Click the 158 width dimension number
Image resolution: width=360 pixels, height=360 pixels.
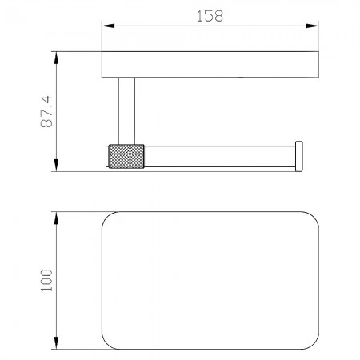coord(210,16)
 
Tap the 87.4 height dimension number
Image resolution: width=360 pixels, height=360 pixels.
coord(46,111)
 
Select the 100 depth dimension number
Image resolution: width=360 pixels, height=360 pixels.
coord(46,280)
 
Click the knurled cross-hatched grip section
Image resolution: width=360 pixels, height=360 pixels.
coord(126,156)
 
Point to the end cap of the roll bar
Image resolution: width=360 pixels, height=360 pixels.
coord(298,156)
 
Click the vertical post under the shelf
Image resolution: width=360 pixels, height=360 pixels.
coord(126,111)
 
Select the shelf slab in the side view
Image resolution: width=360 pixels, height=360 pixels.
coord(210,65)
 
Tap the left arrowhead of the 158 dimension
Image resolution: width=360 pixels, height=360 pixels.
coord(108,26)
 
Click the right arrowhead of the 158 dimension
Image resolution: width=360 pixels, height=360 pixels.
coord(313,26)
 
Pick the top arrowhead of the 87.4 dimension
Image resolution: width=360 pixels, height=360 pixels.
coord(56,58)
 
